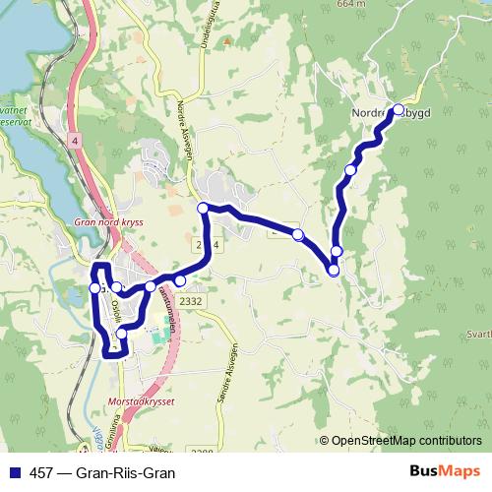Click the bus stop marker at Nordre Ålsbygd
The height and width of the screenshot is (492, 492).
pyautogui.click(x=399, y=110)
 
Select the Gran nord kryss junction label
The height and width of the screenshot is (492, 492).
pyautogui.click(x=108, y=222)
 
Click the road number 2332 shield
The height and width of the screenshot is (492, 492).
pyautogui.click(x=192, y=301)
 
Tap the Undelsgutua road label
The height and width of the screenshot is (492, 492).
pyautogui.click(x=207, y=26)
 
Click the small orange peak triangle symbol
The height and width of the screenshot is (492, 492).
pyautogui.click(x=227, y=42)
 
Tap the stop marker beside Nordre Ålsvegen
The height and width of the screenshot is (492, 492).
pyautogui.click(x=203, y=208)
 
